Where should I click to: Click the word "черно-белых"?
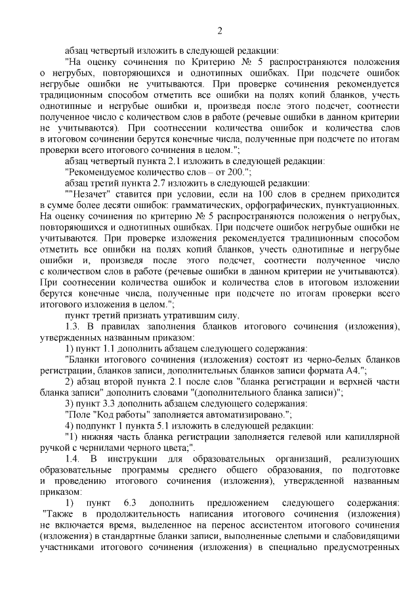[314, 359]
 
